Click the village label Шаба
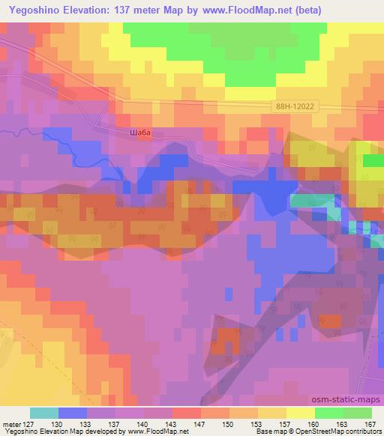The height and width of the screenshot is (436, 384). pos(139,133)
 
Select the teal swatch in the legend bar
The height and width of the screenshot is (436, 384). pos(44,413)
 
